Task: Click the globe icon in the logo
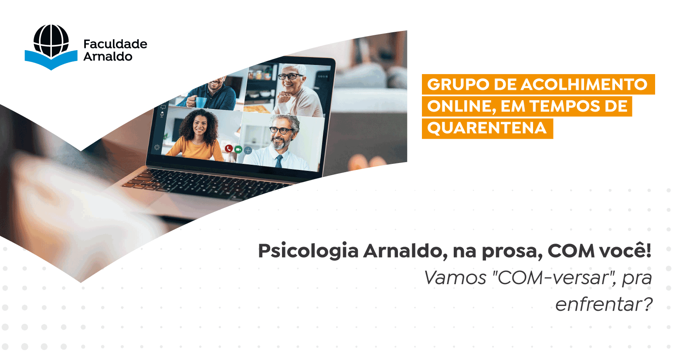pyautogui.click(x=51, y=41)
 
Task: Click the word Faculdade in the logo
pyautogui.click(x=115, y=44)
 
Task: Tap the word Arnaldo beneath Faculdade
pyautogui.click(x=108, y=56)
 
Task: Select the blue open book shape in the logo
pyautogui.click(x=51, y=60)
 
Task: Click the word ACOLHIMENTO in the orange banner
pyautogui.click(x=584, y=84)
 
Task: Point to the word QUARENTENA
pyautogui.click(x=487, y=128)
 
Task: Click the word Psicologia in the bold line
pyautogui.click(x=308, y=251)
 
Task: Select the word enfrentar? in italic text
pyautogui.click(x=604, y=304)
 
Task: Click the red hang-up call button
pyautogui.click(x=229, y=149)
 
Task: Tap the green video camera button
pyautogui.click(x=238, y=149)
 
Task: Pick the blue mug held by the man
pyautogui.click(x=200, y=102)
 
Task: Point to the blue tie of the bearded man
pyautogui.click(x=279, y=161)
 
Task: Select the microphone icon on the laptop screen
pyautogui.click(x=162, y=114)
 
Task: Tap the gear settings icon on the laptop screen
pyautogui.click(x=157, y=148)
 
